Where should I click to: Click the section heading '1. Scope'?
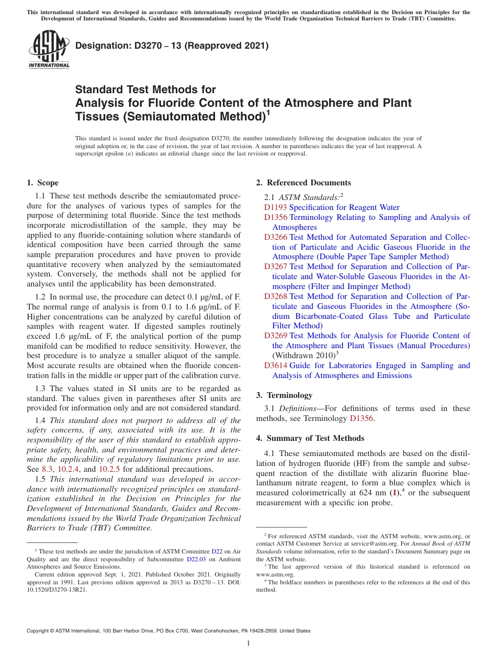[42, 183]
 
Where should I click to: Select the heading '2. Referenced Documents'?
[303, 183]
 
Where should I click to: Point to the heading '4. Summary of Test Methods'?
[310, 438]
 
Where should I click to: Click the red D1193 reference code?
[275, 207]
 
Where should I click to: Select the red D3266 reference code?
[275, 237]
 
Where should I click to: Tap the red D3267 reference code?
[275, 267]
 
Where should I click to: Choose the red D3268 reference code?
[275, 296]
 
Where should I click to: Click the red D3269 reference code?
[275, 336]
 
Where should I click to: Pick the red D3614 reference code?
[275, 365]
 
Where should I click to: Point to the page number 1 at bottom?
[249, 643]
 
